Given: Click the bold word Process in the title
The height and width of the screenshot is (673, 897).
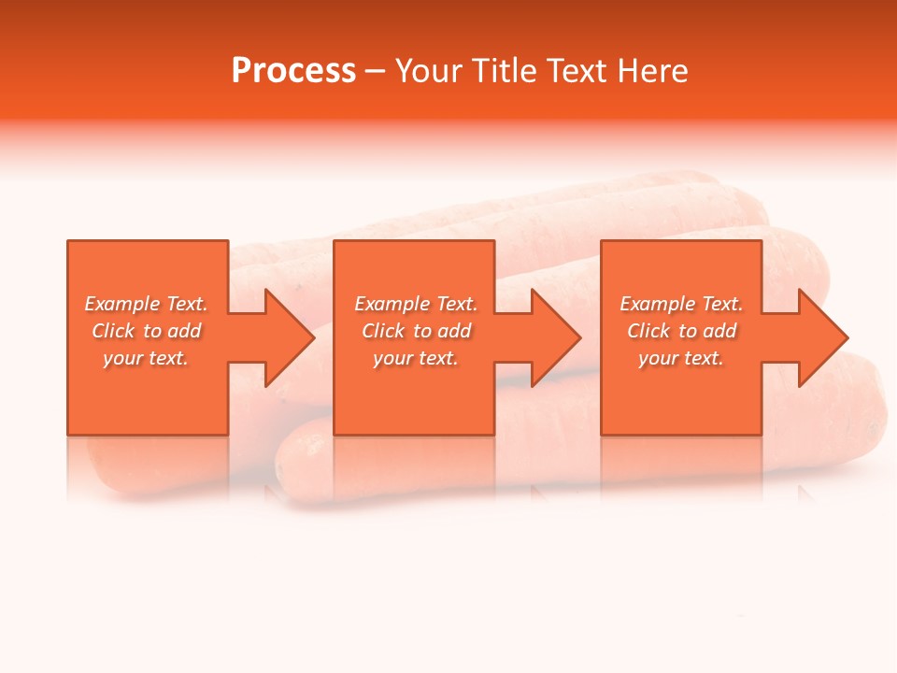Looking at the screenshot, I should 293,71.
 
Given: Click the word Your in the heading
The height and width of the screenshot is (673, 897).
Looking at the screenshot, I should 431,71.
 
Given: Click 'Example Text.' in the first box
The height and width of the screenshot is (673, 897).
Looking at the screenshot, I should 146,304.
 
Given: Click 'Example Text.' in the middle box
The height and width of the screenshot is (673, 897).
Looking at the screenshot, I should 416,304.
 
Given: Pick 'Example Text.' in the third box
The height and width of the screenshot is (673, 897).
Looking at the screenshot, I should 681,304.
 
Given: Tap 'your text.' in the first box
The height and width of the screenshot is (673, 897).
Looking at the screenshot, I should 146,358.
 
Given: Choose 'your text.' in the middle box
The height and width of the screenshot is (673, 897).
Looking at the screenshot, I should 416,358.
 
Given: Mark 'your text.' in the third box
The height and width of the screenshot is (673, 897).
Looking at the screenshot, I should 681,358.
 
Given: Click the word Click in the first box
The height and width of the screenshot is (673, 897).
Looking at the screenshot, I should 113,331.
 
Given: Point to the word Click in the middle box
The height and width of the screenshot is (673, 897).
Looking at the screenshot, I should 383,331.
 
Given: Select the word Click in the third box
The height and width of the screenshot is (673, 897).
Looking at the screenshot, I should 648,331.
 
